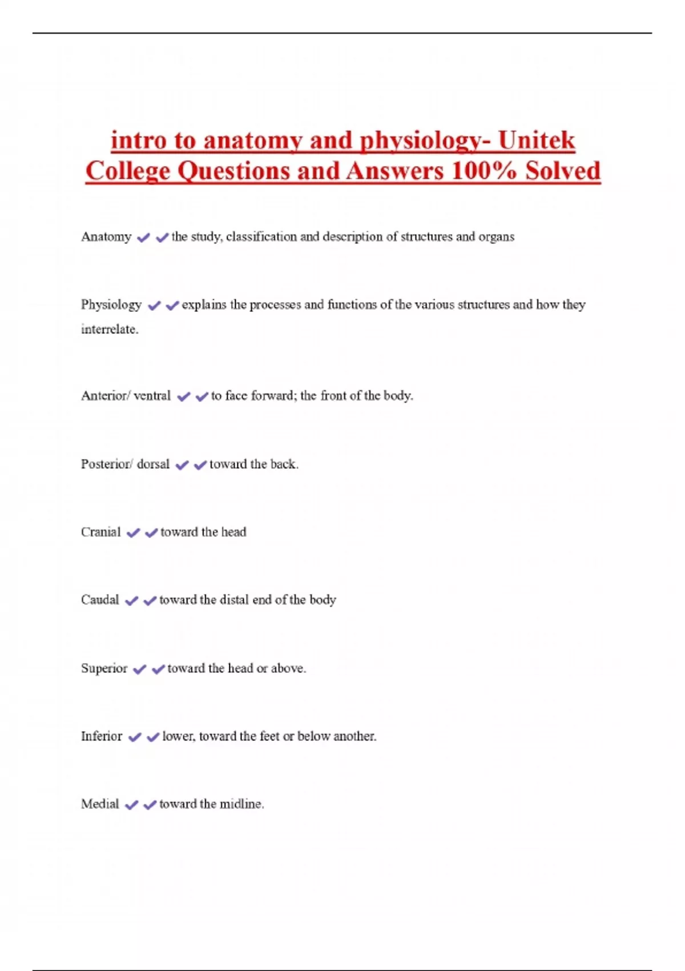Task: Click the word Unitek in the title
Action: click(x=537, y=141)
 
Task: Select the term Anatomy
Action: click(x=106, y=237)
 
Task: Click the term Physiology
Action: click(x=111, y=305)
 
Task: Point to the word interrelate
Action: click(x=110, y=330)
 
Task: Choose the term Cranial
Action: click(x=101, y=532)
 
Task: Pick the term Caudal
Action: click(x=100, y=600)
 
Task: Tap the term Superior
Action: click(x=104, y=668)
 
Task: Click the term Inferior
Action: click(x=102, y=736)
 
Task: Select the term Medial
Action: click(x=100, y=804)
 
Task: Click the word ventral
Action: click(x=152, y=396)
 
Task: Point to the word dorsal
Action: click(x=153, y=464)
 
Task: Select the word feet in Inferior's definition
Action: click(x=269, y=736)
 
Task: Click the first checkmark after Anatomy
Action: click(x=143, y=238)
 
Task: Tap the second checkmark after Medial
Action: click(x=150, y=805)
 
